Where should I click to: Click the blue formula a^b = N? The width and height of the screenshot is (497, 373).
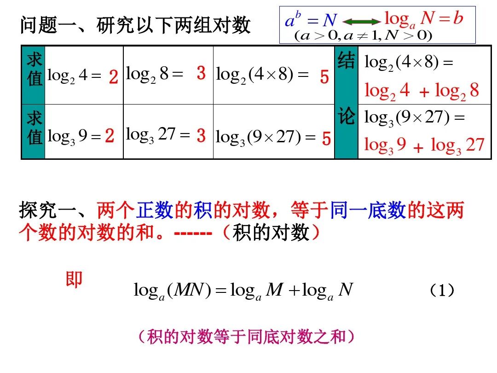(311, 20)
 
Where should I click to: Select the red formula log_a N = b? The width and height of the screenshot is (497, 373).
(423, 19)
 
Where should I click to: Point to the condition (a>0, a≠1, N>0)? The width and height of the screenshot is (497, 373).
(363, 35)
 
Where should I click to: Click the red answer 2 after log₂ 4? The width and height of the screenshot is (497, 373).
(114, 77)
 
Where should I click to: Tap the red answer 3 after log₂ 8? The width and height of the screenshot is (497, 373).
(201, 73)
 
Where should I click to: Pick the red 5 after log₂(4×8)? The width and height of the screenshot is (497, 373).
(324, 77)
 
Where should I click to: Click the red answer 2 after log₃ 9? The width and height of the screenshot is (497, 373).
(110, 136)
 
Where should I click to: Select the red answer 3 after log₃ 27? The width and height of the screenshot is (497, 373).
(201, 136)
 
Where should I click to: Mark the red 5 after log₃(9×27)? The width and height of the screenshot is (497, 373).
(326, 139)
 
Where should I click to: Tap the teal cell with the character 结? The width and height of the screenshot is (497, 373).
(346, 61)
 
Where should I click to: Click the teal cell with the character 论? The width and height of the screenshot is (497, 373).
(346, 117)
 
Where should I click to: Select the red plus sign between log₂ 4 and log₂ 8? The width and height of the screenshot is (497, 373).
(424, 93)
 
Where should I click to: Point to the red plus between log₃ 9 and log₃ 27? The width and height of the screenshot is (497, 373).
(418, 148)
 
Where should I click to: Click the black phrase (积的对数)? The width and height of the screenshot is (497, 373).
(270, 233)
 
